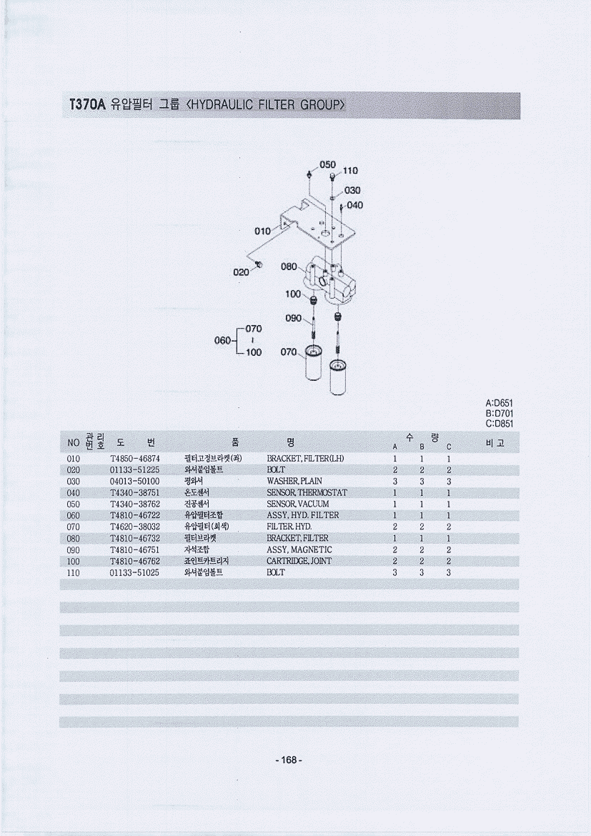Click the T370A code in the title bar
pos(87,104)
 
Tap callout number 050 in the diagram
pos(327,164)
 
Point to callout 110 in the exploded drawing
pos(350,171)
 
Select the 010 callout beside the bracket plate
pos(262,231)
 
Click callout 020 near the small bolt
pos(241,272)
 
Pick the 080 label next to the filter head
pos(289,267)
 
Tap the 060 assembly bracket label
pos(222,341)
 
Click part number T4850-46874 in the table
pos(135,459)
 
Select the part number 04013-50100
pos(134,482)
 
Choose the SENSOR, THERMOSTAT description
pos(307,492)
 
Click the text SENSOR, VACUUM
pos(297,504)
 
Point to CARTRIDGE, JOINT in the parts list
pos(299,561)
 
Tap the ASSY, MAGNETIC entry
pos(299,549)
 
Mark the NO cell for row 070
pos(73,527)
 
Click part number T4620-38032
pos(135,527)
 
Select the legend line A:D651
pos(500,404)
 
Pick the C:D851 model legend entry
pos(500,424)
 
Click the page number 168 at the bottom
pos(289,760)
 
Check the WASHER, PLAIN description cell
pos(294,482)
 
